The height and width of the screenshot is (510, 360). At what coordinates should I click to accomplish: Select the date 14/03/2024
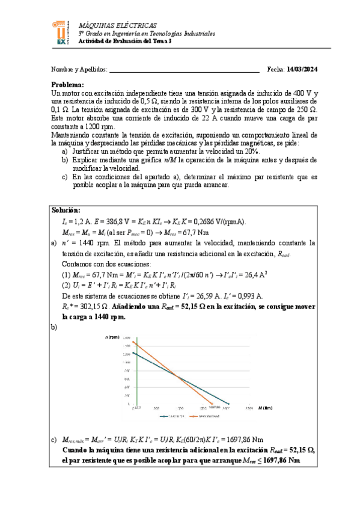coord(302,70)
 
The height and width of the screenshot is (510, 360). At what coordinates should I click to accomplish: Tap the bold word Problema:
coord(67,85)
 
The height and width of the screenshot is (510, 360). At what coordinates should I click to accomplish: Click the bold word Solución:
coord(66,210)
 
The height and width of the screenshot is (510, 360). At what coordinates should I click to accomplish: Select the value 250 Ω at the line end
coord(306,111)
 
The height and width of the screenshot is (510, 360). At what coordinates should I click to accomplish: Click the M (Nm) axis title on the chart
coord(268,407)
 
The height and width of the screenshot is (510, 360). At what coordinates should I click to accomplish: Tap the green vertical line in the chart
coord(136,373)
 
